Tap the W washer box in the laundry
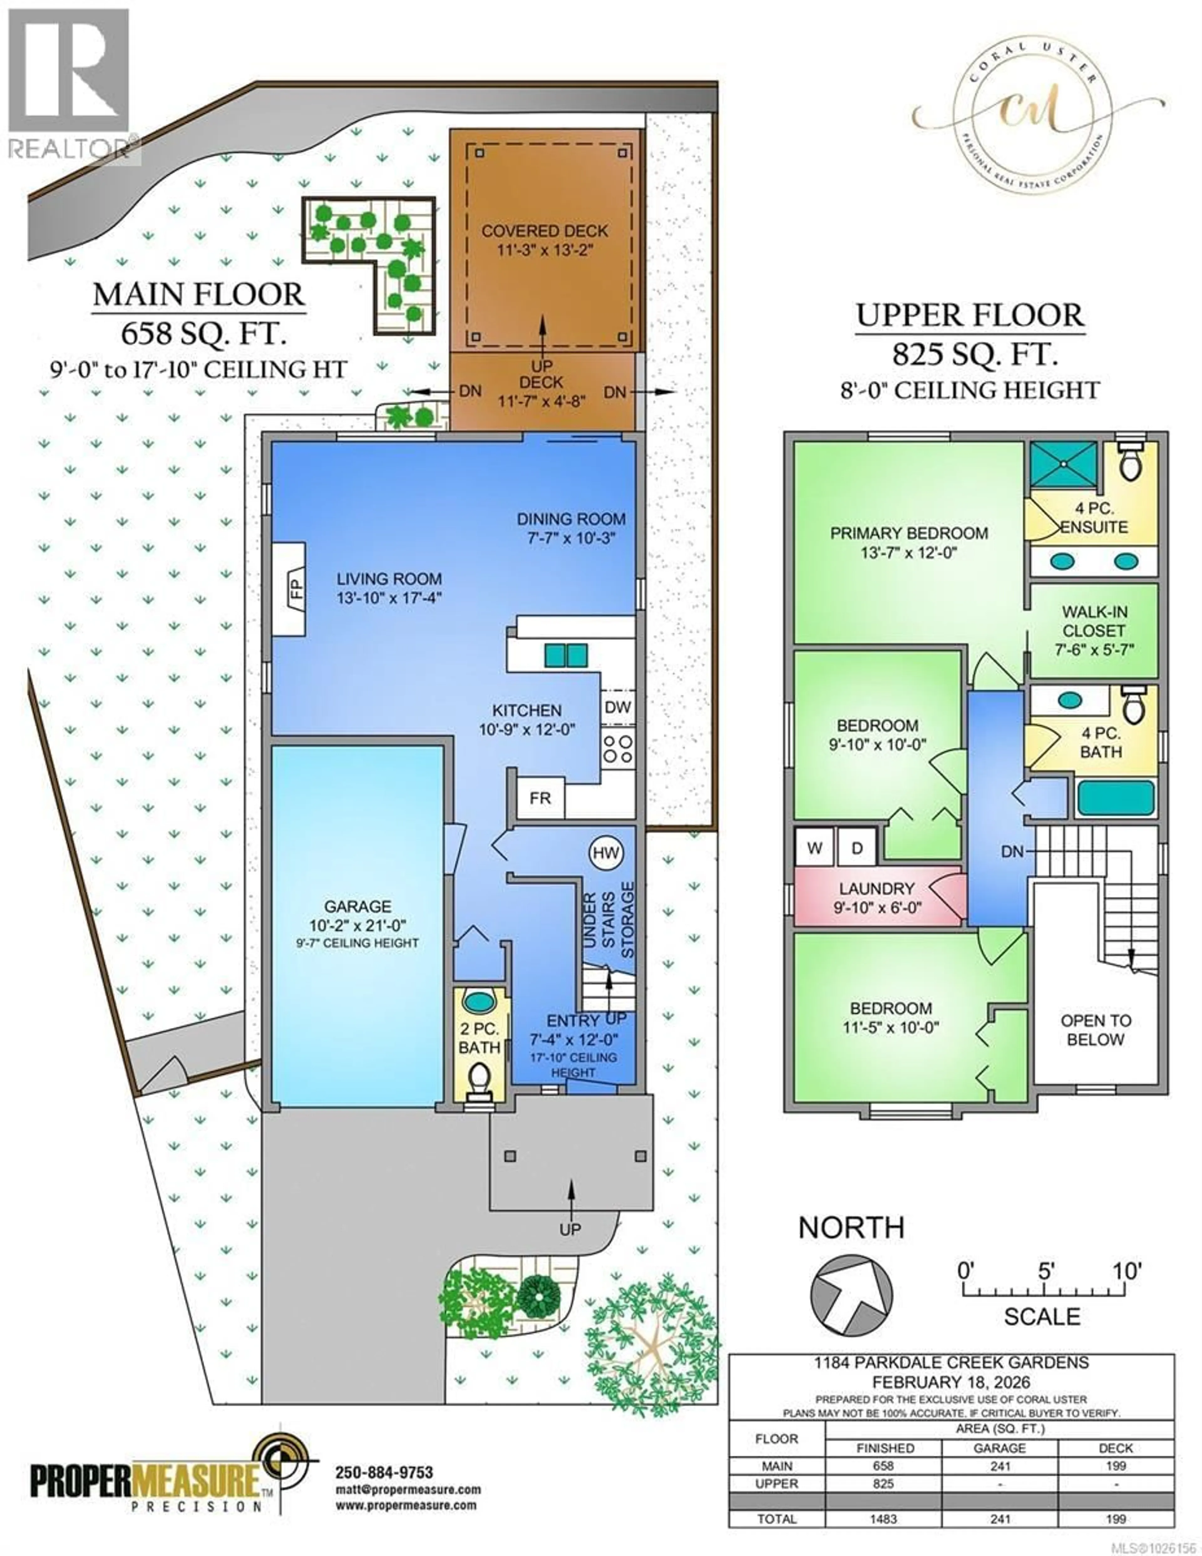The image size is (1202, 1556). (x=814, y=848)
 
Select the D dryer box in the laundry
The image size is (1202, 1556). (x=857, y=848)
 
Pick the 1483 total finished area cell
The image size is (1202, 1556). (x=884, y=1519)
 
